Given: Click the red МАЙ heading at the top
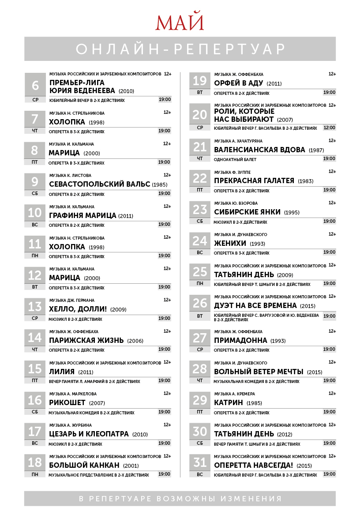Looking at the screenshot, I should [180, 23].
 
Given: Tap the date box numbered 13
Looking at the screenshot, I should [35, 306].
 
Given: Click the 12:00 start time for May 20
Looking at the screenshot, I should [329, 128].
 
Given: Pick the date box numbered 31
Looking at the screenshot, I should [200, 462].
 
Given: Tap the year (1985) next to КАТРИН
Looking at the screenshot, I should [254, 403].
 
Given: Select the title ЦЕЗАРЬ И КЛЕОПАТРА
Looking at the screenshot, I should [89, 434].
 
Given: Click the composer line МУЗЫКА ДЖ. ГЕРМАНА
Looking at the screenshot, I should [71, 300].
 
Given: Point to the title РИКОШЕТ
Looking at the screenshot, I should [67, 402].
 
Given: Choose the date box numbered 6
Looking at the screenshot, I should [35, 85].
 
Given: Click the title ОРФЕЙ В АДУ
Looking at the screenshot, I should [238, 83].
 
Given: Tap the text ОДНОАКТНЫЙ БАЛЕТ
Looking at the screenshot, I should [235, 159].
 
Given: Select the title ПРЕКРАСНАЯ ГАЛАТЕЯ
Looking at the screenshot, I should [254, 180].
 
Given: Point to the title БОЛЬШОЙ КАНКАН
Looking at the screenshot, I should [84, 465].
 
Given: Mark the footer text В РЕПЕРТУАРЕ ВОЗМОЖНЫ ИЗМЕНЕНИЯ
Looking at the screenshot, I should [180, 499].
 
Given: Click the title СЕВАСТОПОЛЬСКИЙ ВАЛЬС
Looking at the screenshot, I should [100, 184].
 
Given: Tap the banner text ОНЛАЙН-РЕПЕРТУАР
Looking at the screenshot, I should [180, 49].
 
